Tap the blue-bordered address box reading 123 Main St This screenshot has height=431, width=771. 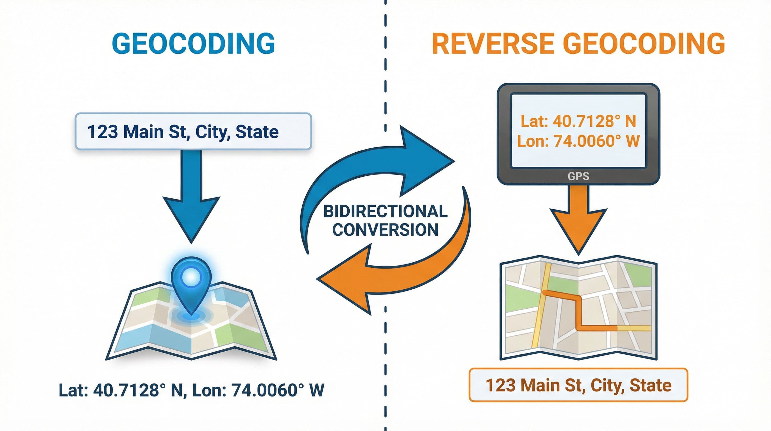(x=193, y=131)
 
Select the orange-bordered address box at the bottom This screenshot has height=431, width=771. (x=578, y=385)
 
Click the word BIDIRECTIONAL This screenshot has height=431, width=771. (x=386, y=212)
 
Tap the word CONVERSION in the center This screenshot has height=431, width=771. (x=386, y=230)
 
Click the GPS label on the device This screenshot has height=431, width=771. (x=578, y=176)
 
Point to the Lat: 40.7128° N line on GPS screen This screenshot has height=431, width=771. (x=578, y=121)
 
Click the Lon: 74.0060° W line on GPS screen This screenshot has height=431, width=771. (x=578, y=141)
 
